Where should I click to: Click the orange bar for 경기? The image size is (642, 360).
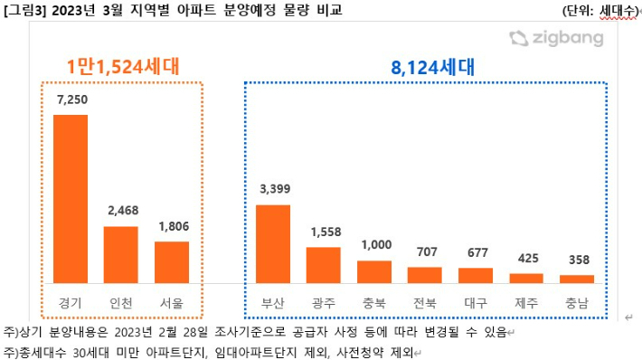(x=71, y=198)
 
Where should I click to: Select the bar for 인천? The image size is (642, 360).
(x=121, y=254)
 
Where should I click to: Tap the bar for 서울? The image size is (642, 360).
(x=172, y=261)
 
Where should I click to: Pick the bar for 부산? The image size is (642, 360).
(x=273, y=243)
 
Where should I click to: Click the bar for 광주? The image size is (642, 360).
(x=324, y=264)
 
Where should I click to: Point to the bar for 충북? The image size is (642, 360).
(x=374, y=271)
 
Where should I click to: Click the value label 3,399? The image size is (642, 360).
(x=273, y=189)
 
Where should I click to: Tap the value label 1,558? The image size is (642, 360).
(x=324, y=232)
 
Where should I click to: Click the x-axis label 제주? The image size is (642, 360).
(x=526, y=303)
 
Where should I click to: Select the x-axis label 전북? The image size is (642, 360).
(x=425, y=303)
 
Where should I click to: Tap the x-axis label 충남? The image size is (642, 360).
(x=577, y=303)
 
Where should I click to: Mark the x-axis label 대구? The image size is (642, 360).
(x=476, y=303)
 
